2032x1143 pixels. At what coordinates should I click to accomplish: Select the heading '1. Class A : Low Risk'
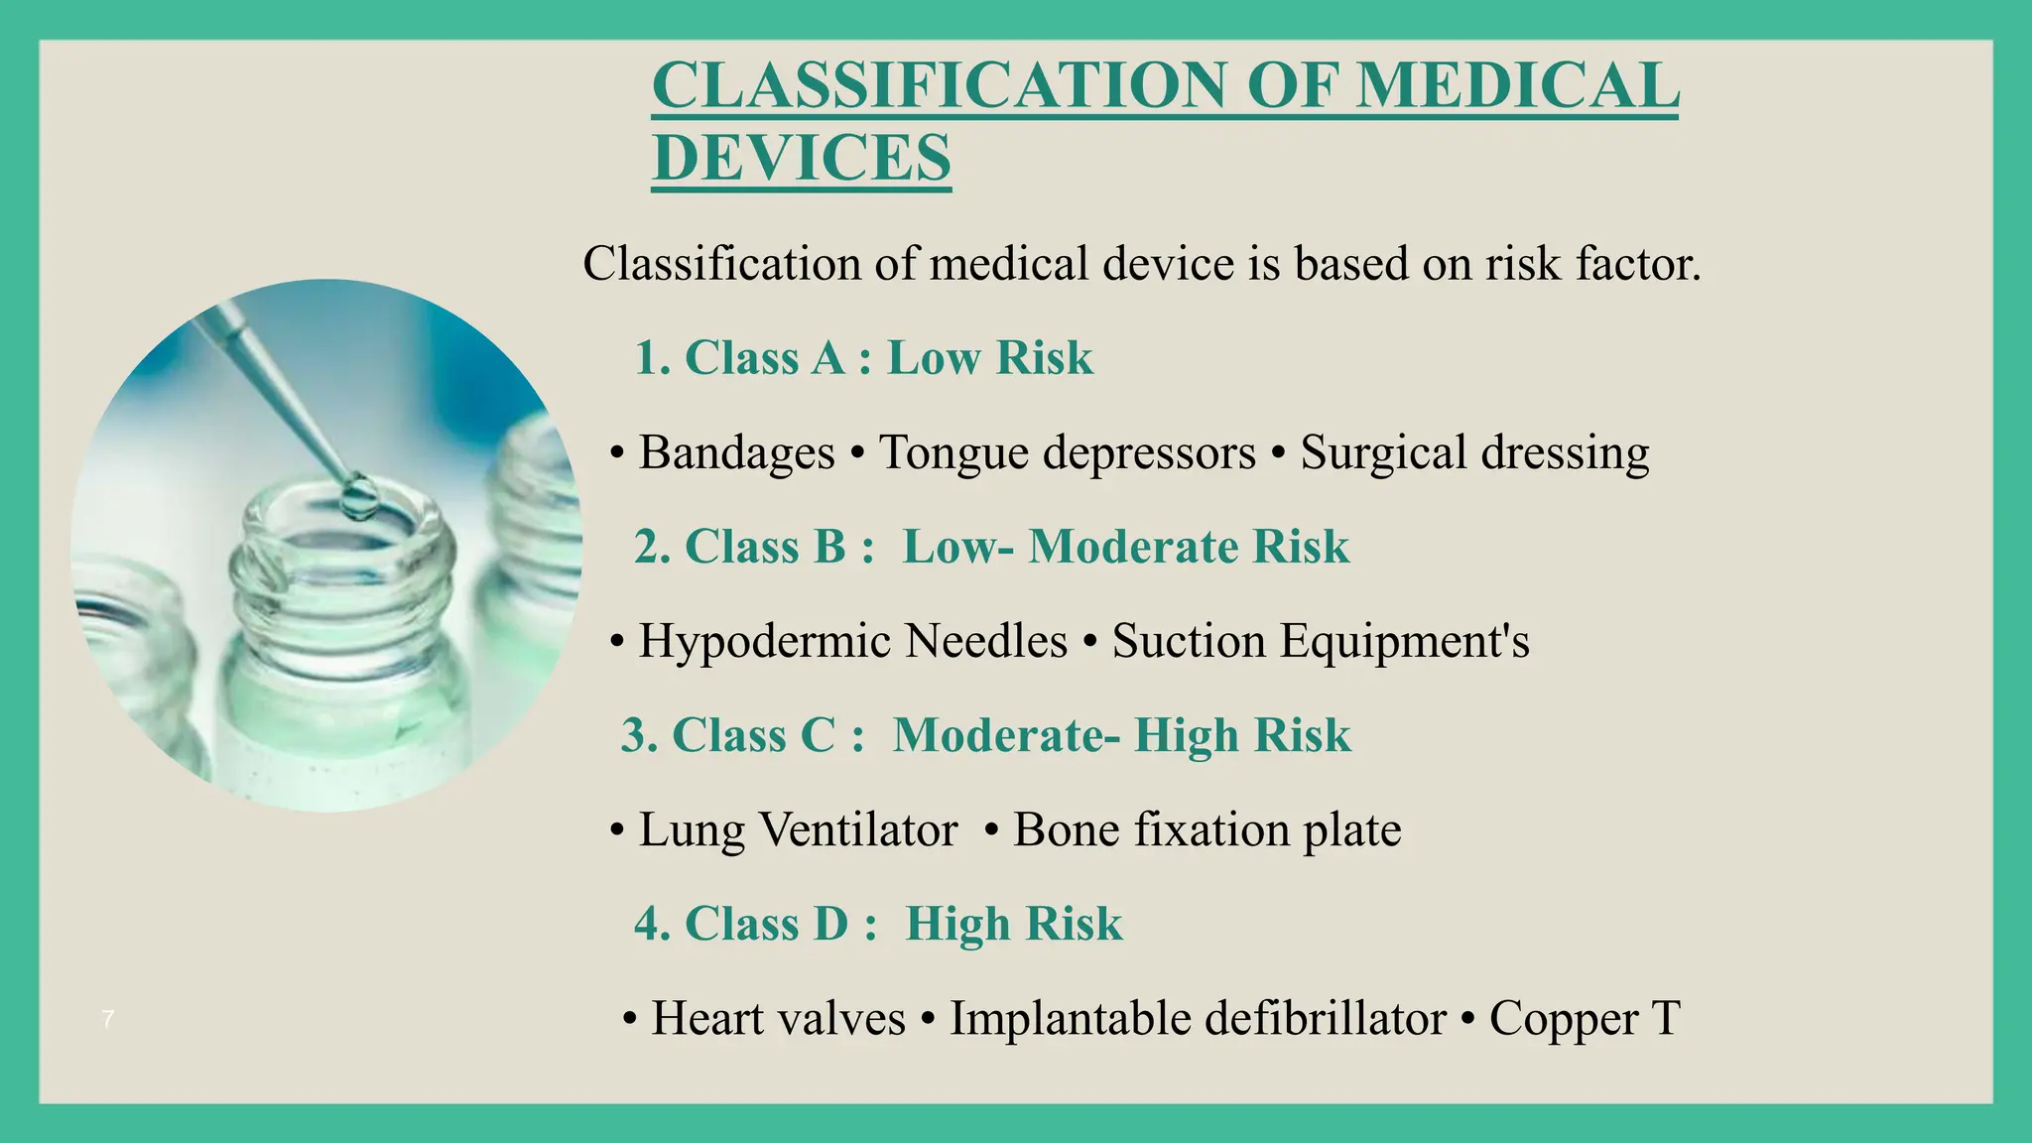[x=863, y=357]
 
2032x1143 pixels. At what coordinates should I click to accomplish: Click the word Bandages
[x=736, y=452]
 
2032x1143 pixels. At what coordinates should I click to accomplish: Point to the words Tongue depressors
[x=1068, y=452]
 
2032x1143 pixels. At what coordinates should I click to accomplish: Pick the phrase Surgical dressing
[x=1474, y=452]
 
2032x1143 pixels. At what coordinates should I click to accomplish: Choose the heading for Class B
[x=991, y=547]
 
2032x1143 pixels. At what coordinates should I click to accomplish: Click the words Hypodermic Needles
[x=852, y=641]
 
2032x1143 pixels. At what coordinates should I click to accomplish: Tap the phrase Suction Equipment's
[x=1321, y=641]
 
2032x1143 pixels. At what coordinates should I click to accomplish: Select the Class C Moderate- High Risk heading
[x=985, y=735]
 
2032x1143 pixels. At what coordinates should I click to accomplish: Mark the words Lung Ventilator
[x=798, y=829]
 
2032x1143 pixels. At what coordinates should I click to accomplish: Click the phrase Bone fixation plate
[x=1206, y=829]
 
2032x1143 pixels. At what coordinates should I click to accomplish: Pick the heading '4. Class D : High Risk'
[x=878, y=924]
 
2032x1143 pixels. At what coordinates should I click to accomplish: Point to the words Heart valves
[x=778, y=1018]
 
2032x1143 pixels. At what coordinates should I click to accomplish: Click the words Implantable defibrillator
[x=1198, y=1018]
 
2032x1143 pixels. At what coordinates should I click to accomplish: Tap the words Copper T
[x=1585, y=1018]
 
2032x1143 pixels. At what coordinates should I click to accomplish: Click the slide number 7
[x=108, y=1019]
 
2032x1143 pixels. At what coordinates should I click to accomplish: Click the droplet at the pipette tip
[x=358, y=496]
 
